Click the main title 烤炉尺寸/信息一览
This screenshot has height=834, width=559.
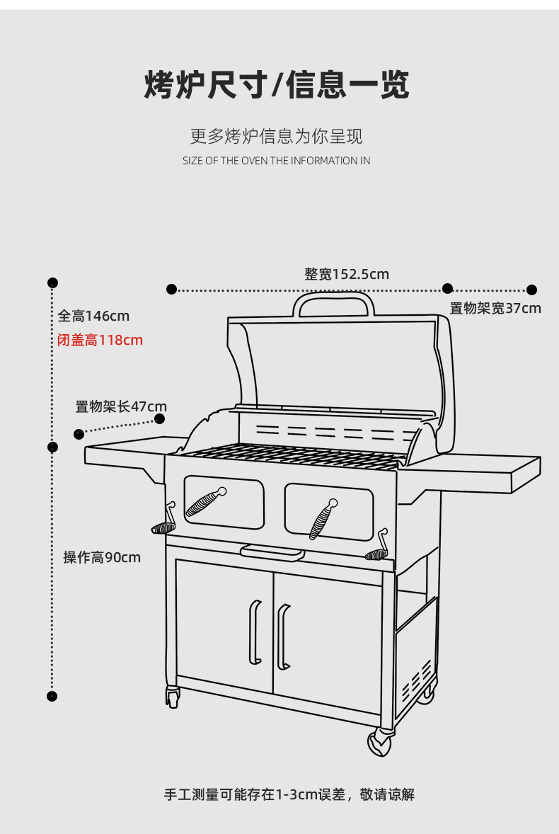[277, 86]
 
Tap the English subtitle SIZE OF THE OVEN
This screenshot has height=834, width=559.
[276, 161]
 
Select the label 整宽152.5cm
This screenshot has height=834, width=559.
[347, 274]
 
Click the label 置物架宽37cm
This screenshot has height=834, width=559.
[495, 308]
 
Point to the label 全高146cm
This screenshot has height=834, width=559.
[93, 316]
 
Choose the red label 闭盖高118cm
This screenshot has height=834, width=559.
[100, 341]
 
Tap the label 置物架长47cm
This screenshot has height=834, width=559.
[121, 406]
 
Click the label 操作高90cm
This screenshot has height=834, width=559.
[102, 557]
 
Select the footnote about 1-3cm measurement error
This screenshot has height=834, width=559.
[289, 794]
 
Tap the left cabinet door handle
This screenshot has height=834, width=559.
[254, 632]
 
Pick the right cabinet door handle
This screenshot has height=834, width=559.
[282, 636]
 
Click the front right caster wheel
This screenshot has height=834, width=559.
[380, 743]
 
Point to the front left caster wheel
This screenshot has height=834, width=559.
[172, 697]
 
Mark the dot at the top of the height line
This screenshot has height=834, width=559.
[53, 283]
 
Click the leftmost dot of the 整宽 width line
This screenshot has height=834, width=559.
[171, 289]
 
